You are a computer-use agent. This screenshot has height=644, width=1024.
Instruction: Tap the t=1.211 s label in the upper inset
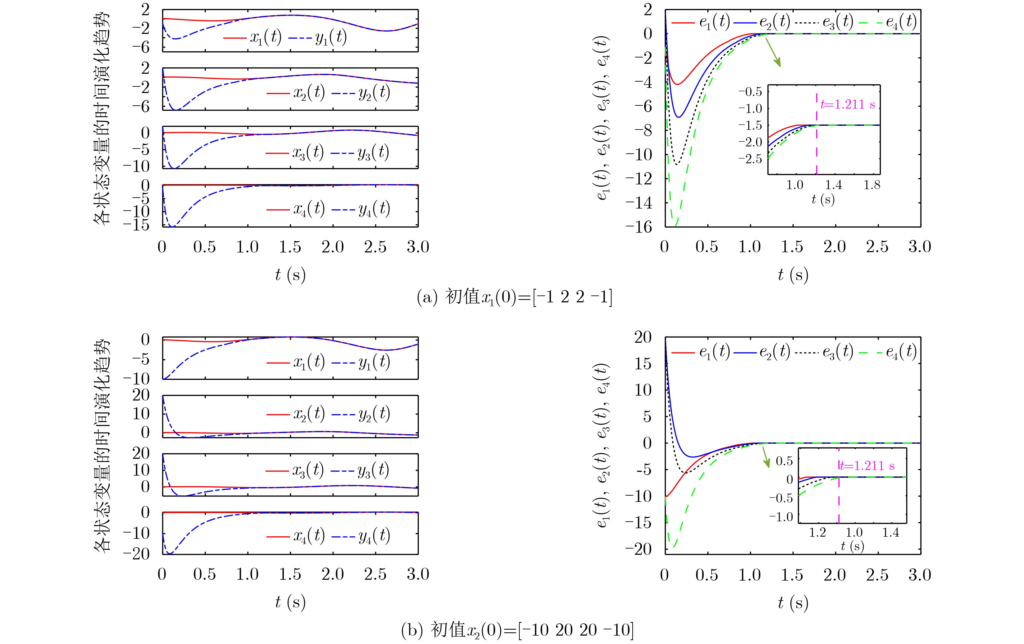pos(848,104)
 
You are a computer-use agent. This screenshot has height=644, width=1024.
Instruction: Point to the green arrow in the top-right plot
pos(773,53)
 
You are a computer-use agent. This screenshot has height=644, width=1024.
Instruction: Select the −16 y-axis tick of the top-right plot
pos(639,227)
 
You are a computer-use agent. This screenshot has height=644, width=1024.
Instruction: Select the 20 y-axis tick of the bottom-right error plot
pos(643,338)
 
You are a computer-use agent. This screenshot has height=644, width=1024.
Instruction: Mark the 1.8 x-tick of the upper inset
pos(872,185)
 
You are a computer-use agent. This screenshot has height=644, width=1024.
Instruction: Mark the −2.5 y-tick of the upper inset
pos(751,159)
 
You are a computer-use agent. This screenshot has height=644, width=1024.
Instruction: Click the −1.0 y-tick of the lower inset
pos(781,517)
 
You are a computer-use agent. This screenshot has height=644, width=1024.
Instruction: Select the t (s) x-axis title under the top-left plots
pos(290,275)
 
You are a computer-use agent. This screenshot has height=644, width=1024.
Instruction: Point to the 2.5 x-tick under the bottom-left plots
pos(375,574)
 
